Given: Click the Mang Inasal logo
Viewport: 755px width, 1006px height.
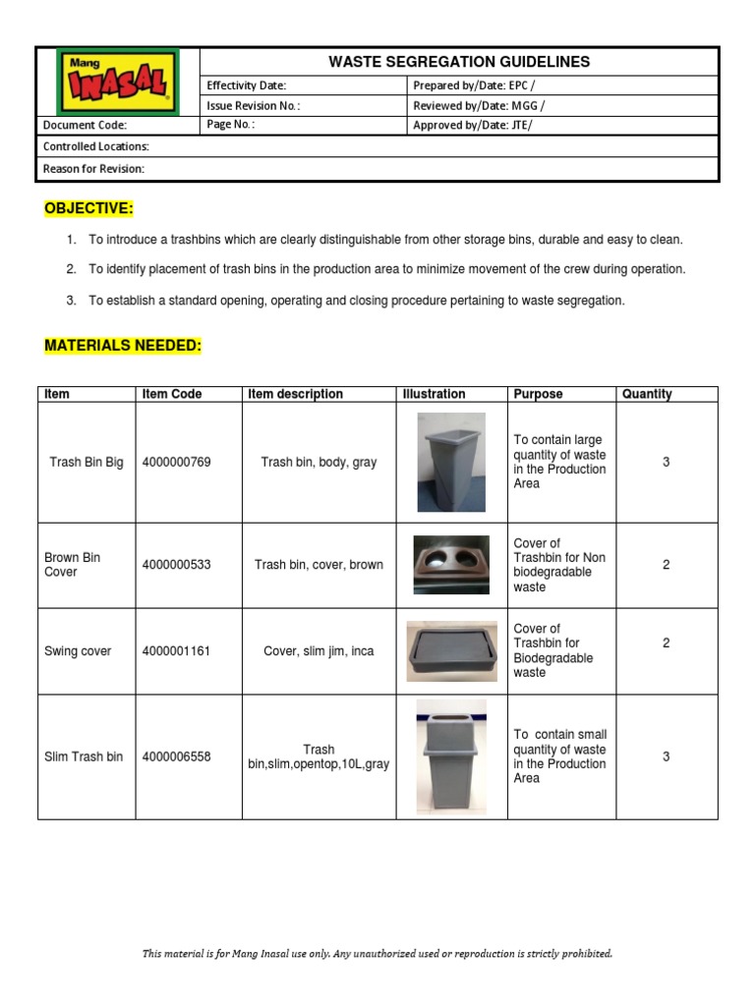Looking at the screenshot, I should point(118,82).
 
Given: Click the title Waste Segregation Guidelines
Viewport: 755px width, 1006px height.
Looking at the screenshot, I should point(459,62).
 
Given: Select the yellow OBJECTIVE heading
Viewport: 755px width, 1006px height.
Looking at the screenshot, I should point(88,208).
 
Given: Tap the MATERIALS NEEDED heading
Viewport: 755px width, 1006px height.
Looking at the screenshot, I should point(123,346).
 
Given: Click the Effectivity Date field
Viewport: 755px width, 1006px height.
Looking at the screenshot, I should point(246,86).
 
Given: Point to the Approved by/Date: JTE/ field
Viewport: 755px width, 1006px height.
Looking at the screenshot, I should point(473,125).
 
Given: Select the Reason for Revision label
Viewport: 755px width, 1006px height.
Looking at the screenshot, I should point(94,169).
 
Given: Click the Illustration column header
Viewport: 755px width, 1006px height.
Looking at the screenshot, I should point(434,394).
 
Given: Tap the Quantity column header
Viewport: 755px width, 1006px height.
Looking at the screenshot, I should point(647,394).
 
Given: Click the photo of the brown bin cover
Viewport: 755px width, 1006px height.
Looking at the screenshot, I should point(450,565).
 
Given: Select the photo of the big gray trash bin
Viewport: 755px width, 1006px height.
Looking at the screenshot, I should point(450,462).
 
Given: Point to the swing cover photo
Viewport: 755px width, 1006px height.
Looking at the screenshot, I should point(450,651).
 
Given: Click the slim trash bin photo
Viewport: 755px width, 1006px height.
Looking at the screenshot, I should point(450,756).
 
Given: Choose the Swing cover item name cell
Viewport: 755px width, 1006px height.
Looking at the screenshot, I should point(78,651).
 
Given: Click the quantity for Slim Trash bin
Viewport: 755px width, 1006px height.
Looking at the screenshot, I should point(666,756).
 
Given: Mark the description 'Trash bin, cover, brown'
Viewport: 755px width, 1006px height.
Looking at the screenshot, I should point(319,565).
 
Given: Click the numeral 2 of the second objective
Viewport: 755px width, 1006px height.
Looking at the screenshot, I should point(71,269).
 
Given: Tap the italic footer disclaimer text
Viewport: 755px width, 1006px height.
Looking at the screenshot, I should point(377,953).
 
